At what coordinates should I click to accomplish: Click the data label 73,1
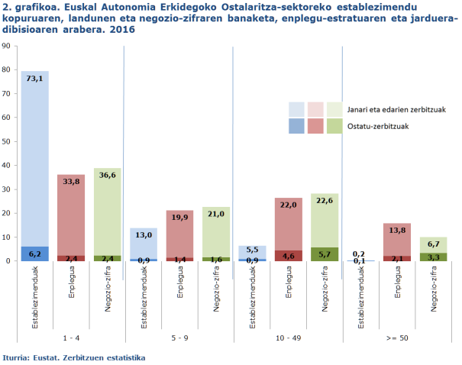[x=35, y=78]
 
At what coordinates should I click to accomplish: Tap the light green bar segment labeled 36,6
[x=108, y=214]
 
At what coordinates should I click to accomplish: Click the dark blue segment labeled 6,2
[x=35, y=254]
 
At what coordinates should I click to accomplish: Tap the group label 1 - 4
[x=71, y=337]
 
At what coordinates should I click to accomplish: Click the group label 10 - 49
[x=289, y=337]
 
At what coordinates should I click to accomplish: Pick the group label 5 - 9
[x=180, y=337]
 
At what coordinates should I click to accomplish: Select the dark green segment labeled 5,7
[x=325, y=254]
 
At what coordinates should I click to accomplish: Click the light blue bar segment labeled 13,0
[x=144, y=244]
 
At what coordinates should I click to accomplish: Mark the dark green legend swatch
[x=334, y=126]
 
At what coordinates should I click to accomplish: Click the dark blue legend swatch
[x=296, y=126]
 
